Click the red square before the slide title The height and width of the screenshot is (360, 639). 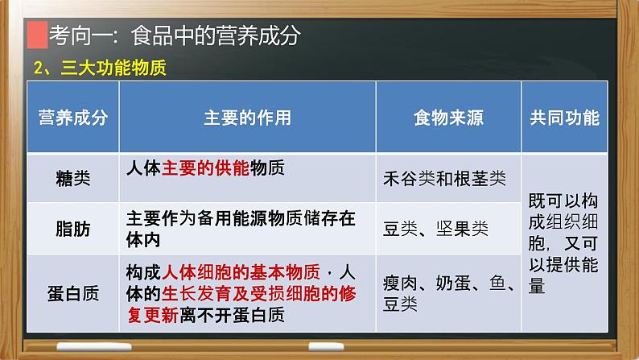click(36, 36)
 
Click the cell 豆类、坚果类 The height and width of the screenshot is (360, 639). click(435, 228)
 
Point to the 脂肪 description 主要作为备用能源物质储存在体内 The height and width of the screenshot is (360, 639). click(241, 227)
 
